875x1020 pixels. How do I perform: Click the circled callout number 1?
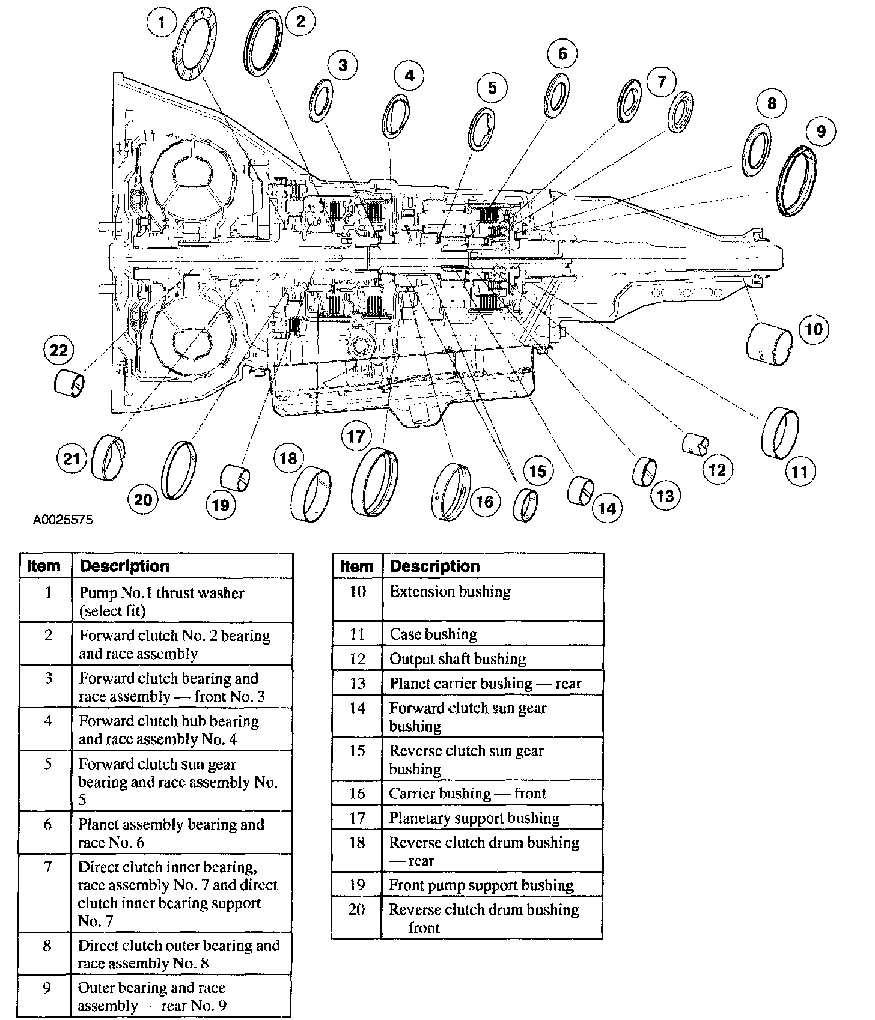[x=160, y=23]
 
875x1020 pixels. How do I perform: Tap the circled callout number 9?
[x=821, y=131]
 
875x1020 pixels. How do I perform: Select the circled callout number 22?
[x=58, y=350]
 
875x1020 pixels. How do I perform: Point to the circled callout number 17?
[x=356, y=436]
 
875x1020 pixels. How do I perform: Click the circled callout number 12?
[x=717, y=469]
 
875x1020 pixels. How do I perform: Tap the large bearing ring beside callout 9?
[x=797, y=180]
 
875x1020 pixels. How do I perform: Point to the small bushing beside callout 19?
[x=236, y=478]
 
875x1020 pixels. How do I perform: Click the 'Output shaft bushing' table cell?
[x=492, y=658]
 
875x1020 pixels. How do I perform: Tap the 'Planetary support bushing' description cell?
[x=492, y=818]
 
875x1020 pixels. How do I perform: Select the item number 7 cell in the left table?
[x=46, y=867]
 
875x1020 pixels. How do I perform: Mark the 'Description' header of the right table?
[x=492, y=566]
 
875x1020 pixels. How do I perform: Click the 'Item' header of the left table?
[x=44, y=566]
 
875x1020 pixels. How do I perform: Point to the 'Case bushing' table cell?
[x=492, y=634]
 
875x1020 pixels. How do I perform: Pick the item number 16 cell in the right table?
[x=357, y=793]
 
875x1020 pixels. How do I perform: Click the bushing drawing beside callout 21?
[x=109, y=458]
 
